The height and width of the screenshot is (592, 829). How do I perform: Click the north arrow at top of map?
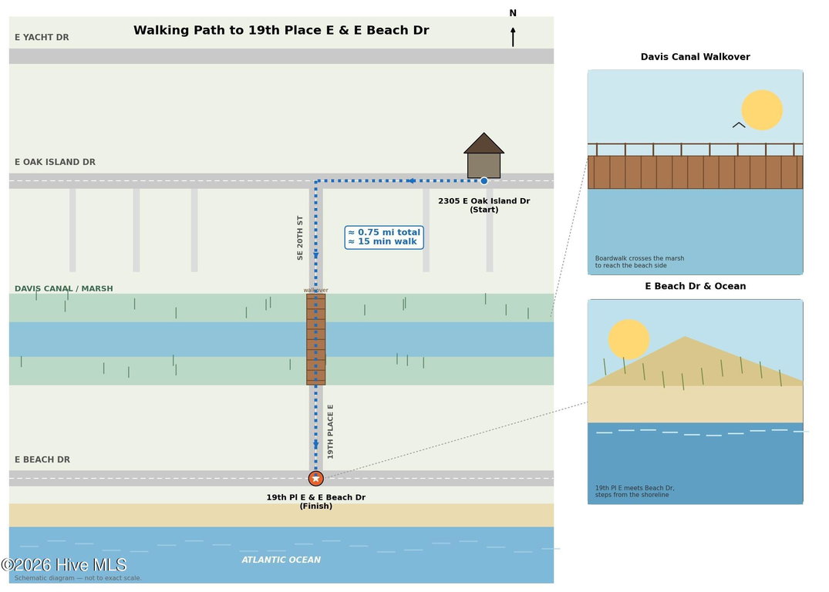(513, 37)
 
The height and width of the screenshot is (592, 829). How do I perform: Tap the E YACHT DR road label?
(42, 38)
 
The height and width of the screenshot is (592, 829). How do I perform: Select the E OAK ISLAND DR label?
(55, 163)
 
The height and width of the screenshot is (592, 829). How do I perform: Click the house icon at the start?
(484, 156)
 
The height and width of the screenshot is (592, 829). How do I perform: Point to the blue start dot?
(484, 181)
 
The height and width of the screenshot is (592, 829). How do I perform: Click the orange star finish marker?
(316, 479)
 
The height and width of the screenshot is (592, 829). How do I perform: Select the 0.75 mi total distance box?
(384, 237)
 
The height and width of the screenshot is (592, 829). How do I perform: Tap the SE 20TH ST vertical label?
(300, 238)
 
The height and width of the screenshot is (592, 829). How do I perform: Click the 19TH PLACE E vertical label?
(330, 432)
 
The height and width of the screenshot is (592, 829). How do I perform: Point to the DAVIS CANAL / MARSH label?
(63, 288)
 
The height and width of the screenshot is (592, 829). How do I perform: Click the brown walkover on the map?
(316, 339)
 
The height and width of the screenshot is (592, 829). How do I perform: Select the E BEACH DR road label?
(42, 460)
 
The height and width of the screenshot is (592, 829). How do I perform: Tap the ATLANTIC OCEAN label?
(281, 560)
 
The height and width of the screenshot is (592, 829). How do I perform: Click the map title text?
(281, 30)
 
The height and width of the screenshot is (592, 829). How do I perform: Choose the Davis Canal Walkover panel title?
(696, 57)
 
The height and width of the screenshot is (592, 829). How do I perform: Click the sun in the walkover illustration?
(762, 110)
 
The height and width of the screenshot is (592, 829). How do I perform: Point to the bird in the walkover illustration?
(739, 126)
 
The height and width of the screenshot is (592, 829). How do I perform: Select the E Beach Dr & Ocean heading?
(696, 287)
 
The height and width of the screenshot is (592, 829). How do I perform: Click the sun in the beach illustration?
(628, 339)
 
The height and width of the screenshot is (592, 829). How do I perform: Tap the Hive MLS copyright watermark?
(64, 565)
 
